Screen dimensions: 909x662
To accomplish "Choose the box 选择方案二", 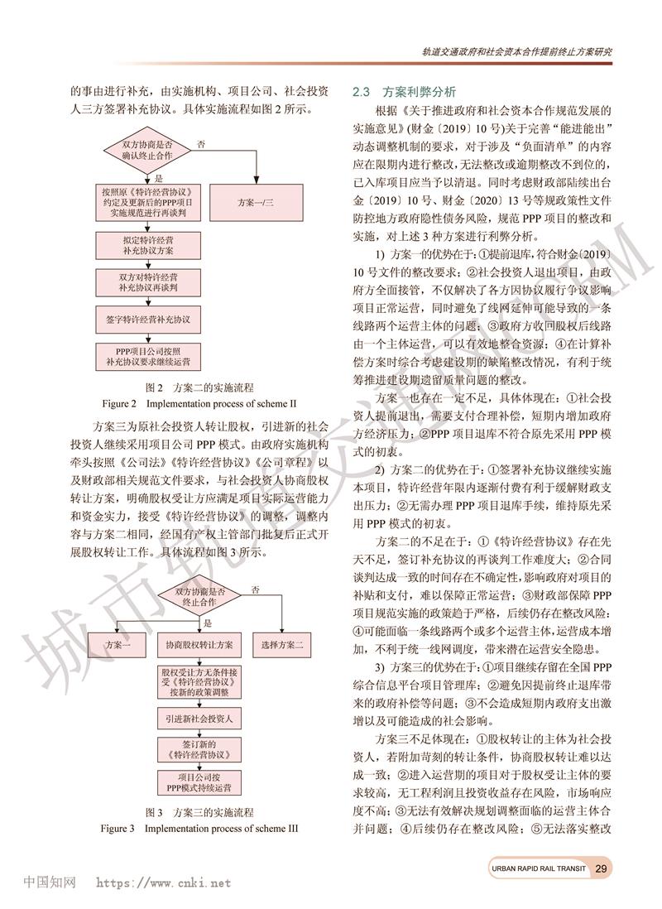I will point(281,644).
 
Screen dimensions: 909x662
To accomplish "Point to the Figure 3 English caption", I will point(199,827).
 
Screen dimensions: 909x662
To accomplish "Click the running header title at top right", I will point(517,50).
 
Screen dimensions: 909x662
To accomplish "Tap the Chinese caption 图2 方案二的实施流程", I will point(199,387).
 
